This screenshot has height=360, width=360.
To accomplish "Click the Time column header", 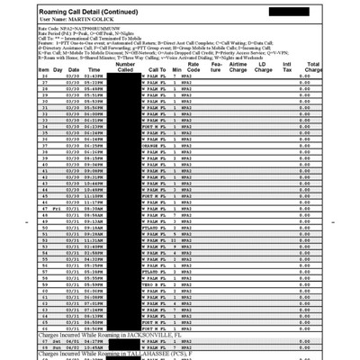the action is pyautogui.click(x=94, y=68).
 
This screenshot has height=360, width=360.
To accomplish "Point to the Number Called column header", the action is pyautogui.click(x=126, y=66).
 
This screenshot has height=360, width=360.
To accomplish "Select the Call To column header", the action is pyautogui.click(x=158, y=68).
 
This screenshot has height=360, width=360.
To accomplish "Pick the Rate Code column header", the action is pyautogui.click(x=191, y=66).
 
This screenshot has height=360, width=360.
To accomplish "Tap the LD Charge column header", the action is pyautogui.click(x=262, y=66).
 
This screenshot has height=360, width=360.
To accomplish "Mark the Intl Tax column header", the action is pyautogui.click(x=287, y=66).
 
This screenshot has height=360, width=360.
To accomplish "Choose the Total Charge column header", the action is pyautogui.click(x=313, y=66).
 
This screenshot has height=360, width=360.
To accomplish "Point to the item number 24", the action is pyautogui.click(x=45, y=76).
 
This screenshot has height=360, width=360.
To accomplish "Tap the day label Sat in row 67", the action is pyautogui.click(x=57, y=341).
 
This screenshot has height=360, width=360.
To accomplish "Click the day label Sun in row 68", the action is pyautogui.click(x=57, y=347).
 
